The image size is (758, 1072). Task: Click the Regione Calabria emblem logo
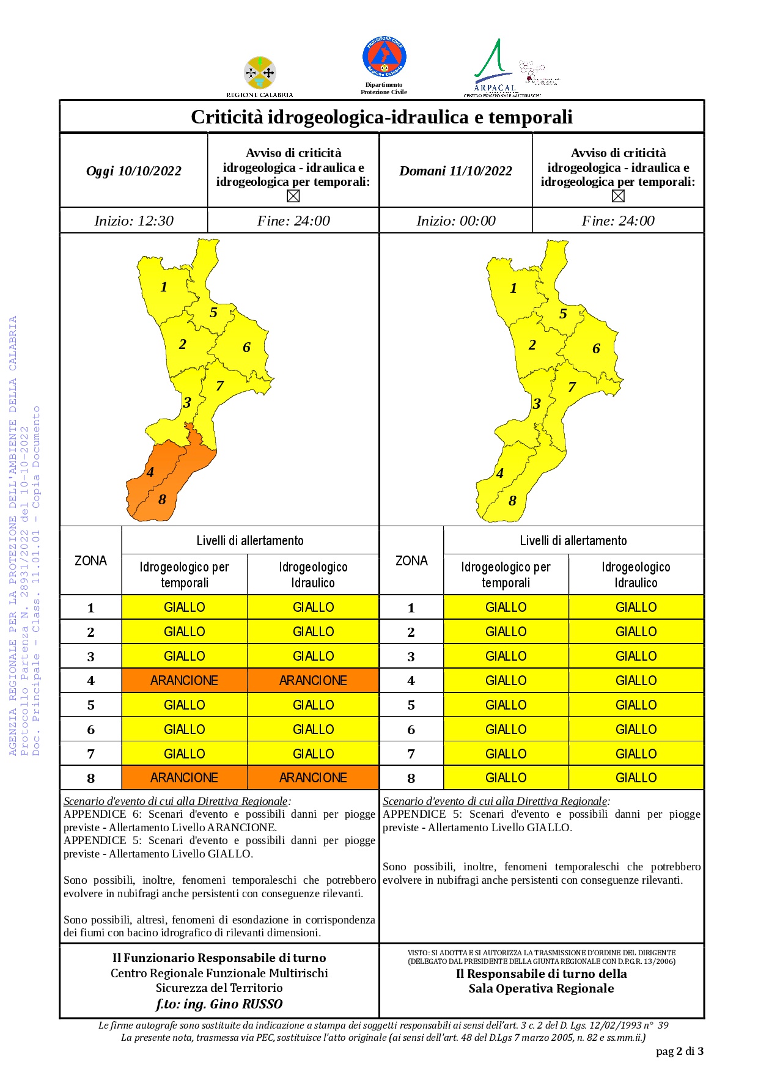point(260,73)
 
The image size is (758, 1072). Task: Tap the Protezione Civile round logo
point(384,57)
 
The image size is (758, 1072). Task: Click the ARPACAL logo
point(495,67)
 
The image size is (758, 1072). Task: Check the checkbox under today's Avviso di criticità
point(293,196)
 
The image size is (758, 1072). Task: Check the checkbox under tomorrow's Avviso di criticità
point(618,196)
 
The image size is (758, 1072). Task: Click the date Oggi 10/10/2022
point(134,171)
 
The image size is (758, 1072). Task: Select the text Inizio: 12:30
point(134,221)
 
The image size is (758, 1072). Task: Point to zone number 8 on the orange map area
point(162,500)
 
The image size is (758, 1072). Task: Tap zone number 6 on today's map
point(246,348)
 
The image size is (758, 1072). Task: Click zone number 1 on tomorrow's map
point(513,288)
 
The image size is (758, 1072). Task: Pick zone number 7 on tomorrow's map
point(572,387)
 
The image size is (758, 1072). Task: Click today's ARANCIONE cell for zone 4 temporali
point(185,681)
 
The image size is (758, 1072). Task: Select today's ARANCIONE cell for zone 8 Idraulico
point(313,778)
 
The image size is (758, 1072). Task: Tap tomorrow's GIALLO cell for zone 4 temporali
point(506,681)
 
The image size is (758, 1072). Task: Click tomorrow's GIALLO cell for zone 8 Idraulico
point(636,778)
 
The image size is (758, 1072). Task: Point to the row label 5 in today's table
point(91,705)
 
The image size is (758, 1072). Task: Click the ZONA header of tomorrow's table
point(411,561)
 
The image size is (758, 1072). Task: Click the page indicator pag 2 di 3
point(679,1051)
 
